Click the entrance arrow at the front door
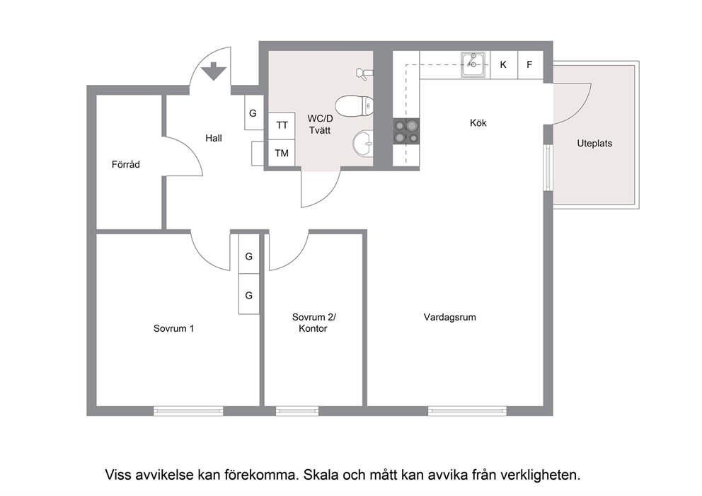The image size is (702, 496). point(213,71)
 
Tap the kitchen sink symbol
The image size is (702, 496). point(473,65)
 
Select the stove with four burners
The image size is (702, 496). point(406,132)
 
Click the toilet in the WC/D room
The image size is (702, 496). point(354,106)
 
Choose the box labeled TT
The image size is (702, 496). point(282,126)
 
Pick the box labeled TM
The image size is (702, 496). point(282,153)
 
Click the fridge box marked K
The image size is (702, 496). point(504,65)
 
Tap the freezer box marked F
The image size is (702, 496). point(530,65)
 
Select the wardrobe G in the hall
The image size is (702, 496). point(253,113)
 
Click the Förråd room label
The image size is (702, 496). point(126,164)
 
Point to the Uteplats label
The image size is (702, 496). point(594,143)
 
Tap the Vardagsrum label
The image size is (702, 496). point(450,317)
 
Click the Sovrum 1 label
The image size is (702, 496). point(173,328)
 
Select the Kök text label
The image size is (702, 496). point(478,122)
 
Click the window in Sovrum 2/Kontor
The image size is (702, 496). point(297,410)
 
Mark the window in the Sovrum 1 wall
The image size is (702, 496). point(188,410)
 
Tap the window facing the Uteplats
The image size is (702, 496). point(548,167)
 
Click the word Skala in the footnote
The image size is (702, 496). point(321,475)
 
